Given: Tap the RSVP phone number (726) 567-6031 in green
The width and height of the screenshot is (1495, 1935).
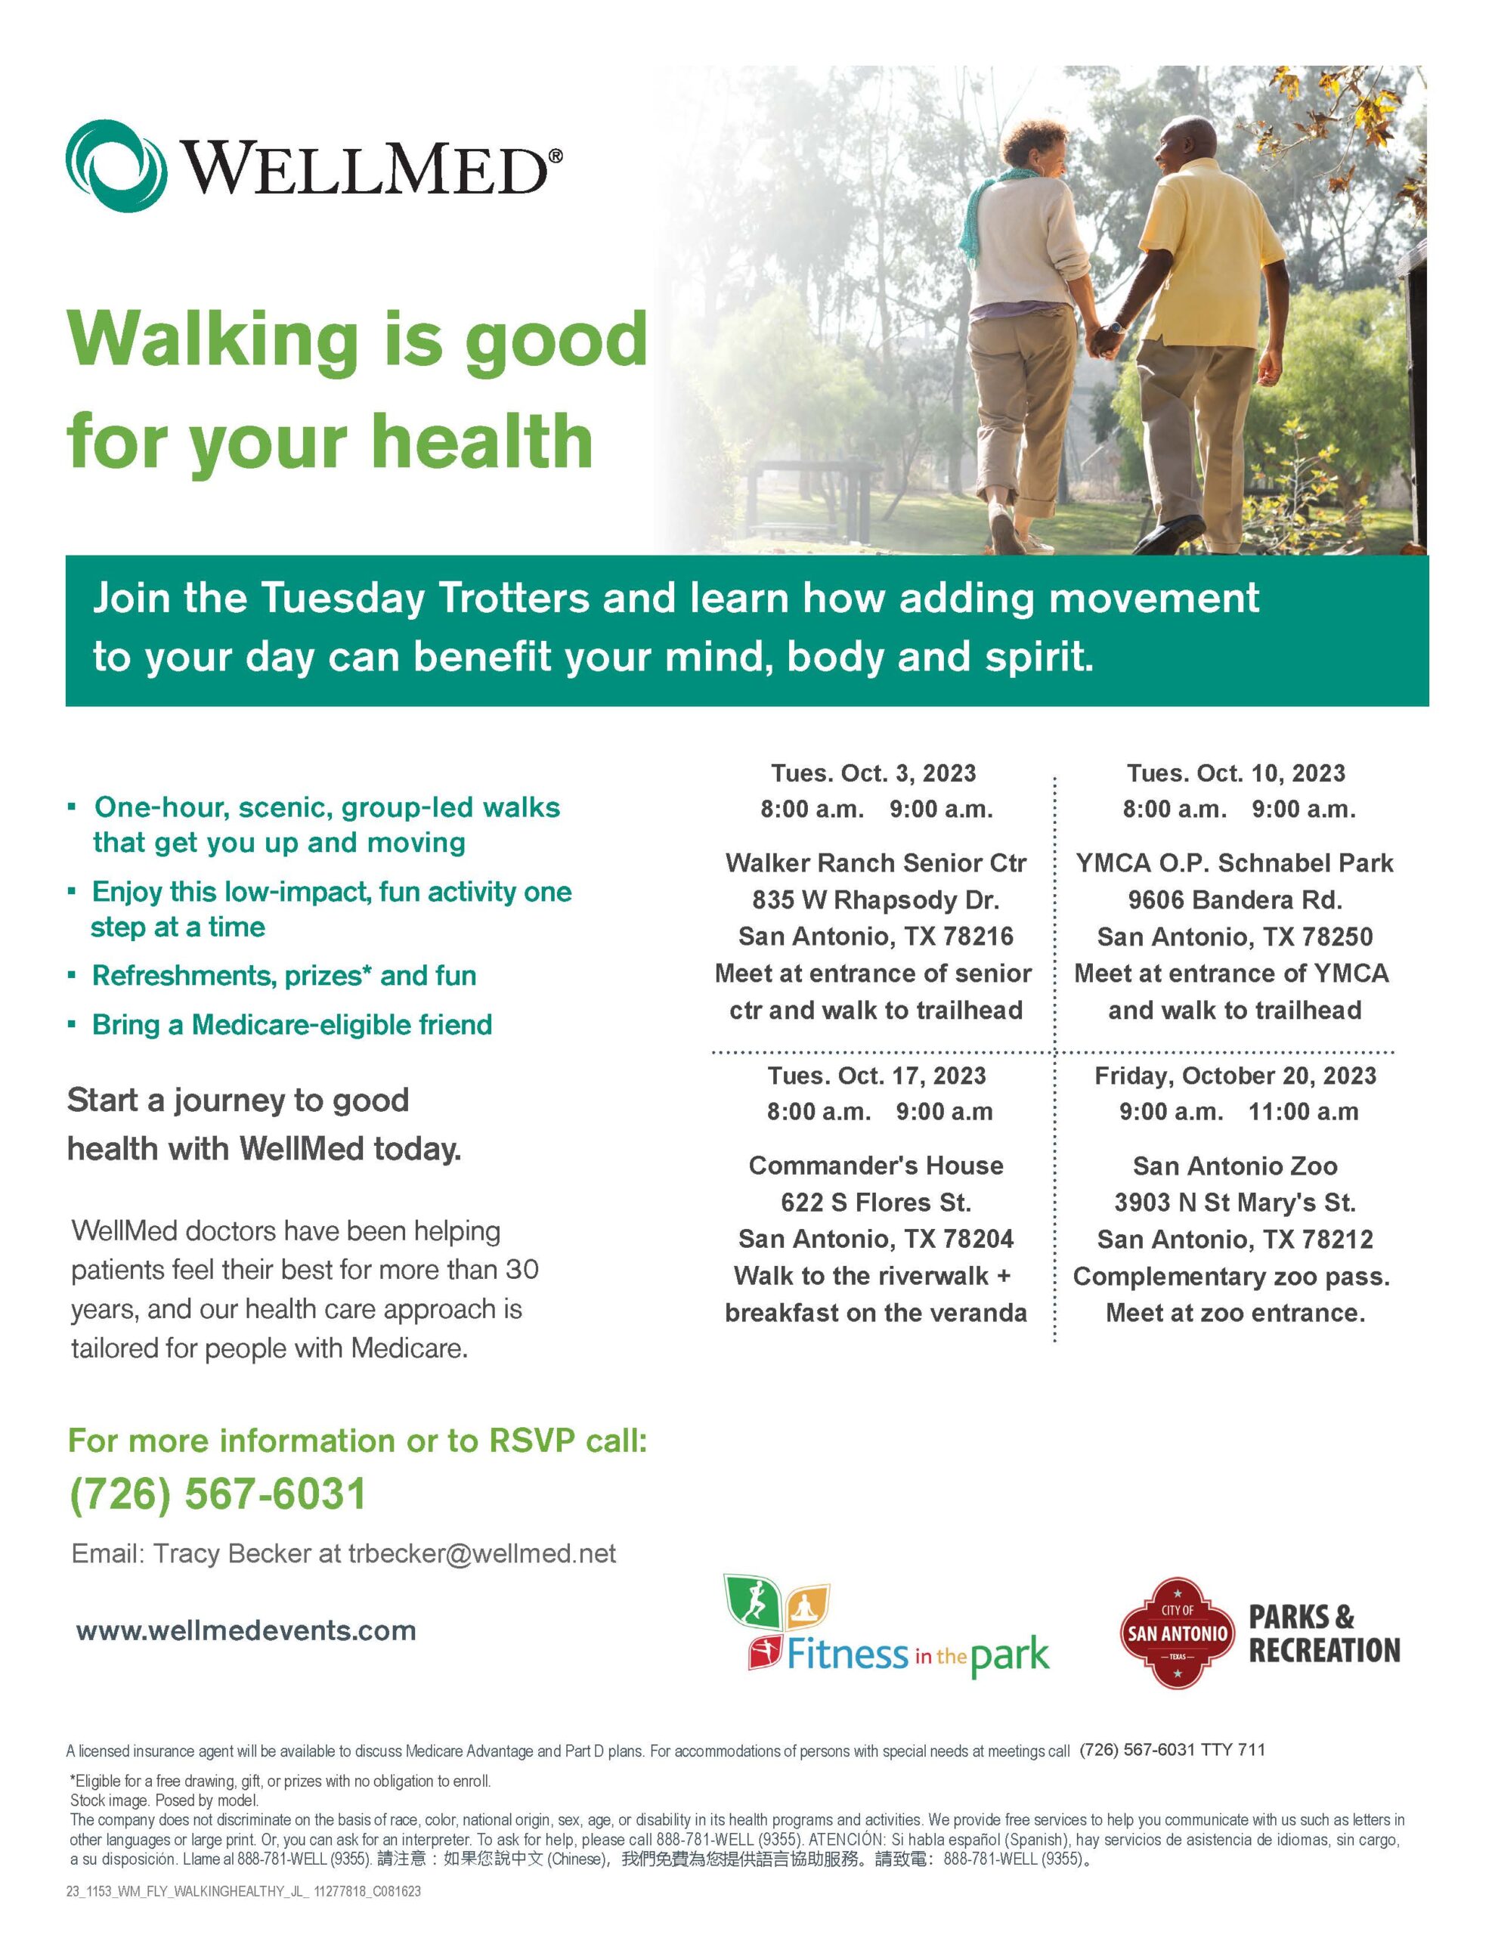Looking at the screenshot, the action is point(217,1493).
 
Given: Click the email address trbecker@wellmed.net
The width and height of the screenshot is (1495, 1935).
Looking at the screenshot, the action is point(482,1553).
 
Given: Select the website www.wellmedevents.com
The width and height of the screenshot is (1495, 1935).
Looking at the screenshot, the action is point(246,1630).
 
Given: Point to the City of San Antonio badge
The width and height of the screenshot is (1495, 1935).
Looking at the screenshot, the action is point(1177,1633).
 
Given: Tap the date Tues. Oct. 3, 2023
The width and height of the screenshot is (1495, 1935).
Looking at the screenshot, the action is point(873,773).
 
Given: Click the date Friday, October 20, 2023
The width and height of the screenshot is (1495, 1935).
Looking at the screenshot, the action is point(1235,1076).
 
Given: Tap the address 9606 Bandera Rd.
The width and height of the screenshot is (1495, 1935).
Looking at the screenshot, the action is point(1235,900).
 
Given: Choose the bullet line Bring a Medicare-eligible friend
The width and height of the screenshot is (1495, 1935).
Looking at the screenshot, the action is point(292,1025).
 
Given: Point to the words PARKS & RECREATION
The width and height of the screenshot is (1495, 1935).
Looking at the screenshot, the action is point(1324,1633).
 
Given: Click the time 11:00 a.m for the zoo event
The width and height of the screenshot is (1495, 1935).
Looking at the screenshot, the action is point(1303,1112).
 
